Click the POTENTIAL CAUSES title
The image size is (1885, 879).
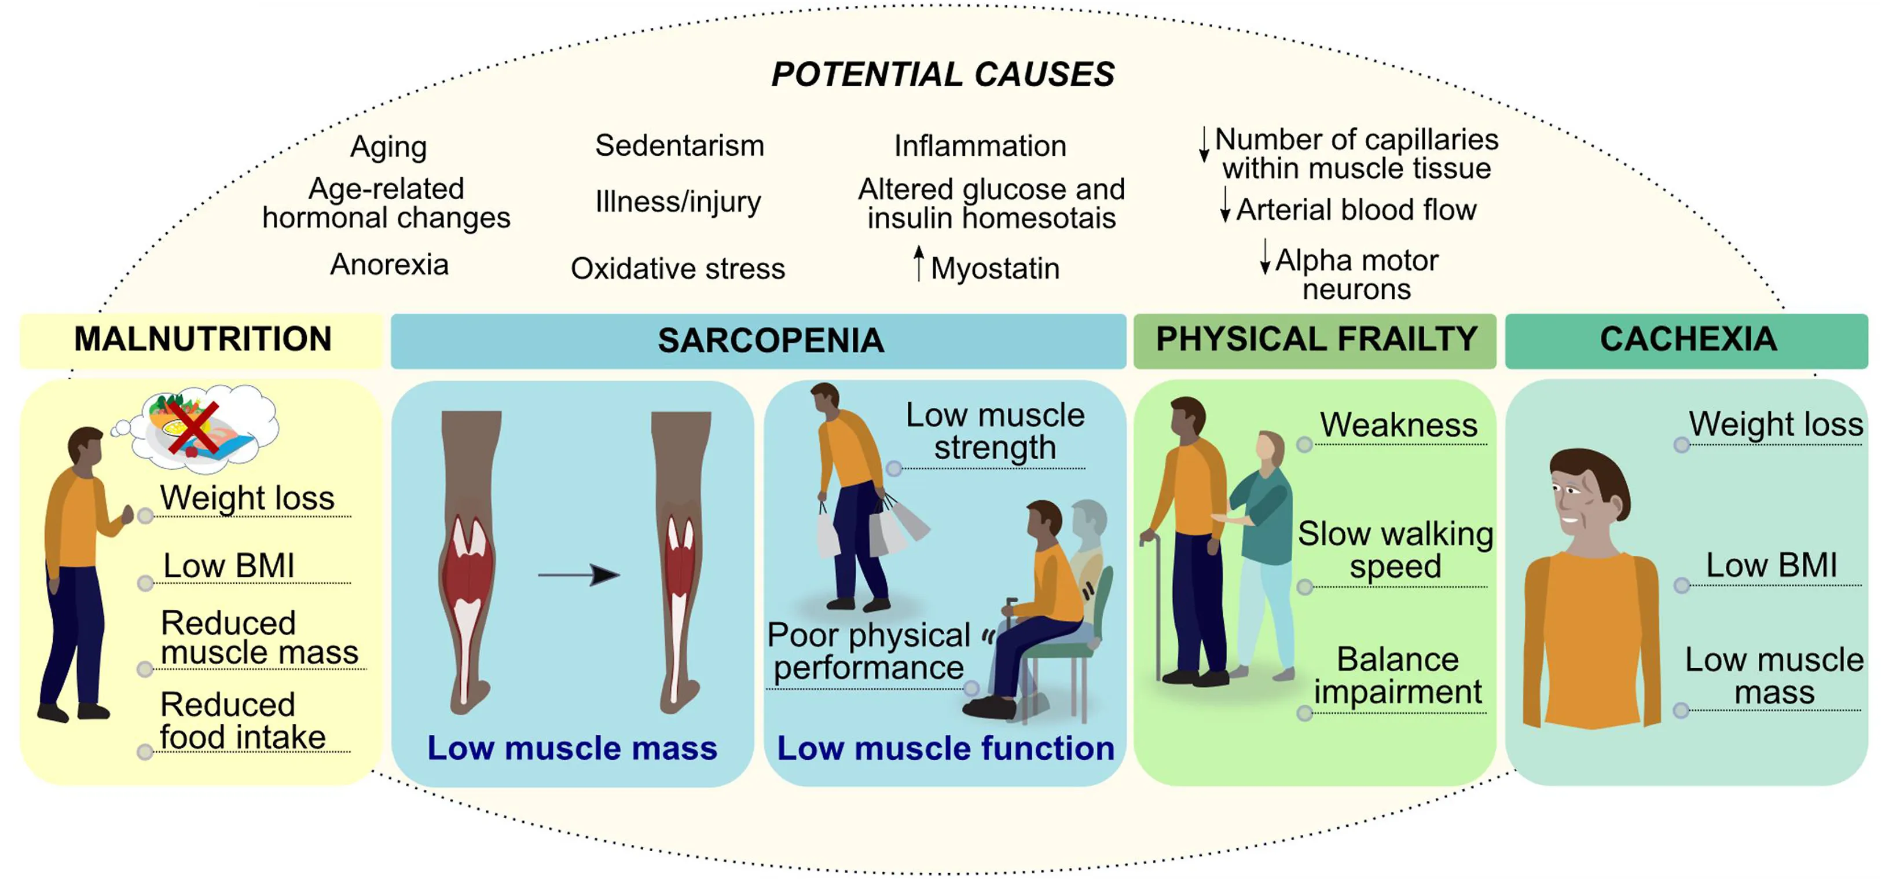pyautogui.click(x=943, y=74)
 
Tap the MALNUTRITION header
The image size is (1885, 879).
pyautogui.click(x=203, y=339)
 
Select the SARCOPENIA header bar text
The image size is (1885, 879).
pyautogui.click(x=771, y=340)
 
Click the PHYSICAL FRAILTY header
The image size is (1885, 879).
pyautogui.click(x=1316, y=339)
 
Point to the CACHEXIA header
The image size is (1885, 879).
pyautogui.click(x=1688, y=339)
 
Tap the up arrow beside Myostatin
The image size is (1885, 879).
pyautogui.click(x=918, y=263)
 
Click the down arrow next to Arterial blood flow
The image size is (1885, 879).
pyautogui.click(x=1225, y=204)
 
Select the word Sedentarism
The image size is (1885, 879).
pyautogui.click(x=679, y=146)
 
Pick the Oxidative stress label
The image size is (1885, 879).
pyautogui.click(x=677, y=269)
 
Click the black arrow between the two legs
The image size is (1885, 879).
pyautogui.click(x=579, y=575)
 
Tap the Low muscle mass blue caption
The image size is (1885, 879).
pyautogui.click(x=572, y=748)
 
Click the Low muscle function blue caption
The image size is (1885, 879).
pyautogui.click(x=945, y=748)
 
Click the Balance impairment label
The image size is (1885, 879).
pyautogui.click(x=1398, y=676)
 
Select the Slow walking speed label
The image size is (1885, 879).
pyautogui.click(x=1395, y=550)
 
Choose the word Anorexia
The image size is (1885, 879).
pyautogui.click(x=389, y=264)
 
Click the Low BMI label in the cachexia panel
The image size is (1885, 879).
pyautogui.click(x=1772, y=565)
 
